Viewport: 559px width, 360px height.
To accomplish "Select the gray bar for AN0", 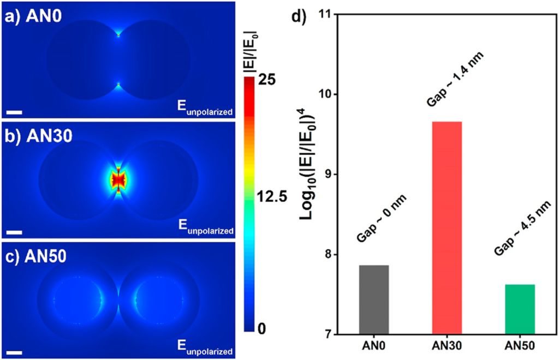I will (x=373, y=299).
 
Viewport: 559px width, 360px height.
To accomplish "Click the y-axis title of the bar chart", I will (x=310, y=175).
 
